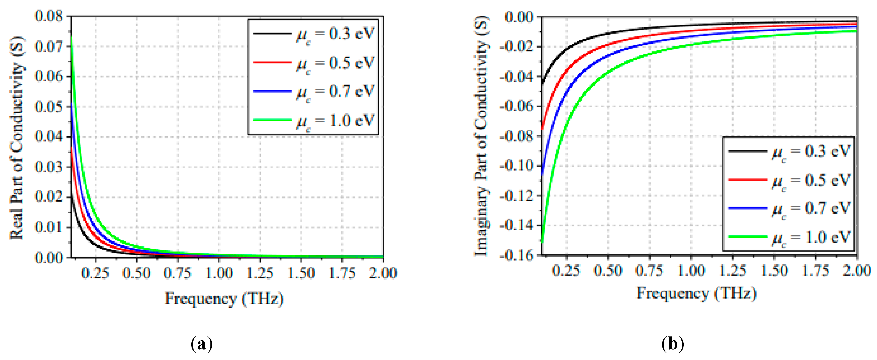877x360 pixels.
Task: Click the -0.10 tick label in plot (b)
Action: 517,166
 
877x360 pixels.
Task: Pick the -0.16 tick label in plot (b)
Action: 517,255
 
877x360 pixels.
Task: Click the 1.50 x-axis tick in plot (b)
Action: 774,270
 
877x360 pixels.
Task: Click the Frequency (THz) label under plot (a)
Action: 224,299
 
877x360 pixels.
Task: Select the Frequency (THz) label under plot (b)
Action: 696,293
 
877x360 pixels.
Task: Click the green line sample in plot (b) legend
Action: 748,236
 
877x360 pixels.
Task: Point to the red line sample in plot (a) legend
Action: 272,62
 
